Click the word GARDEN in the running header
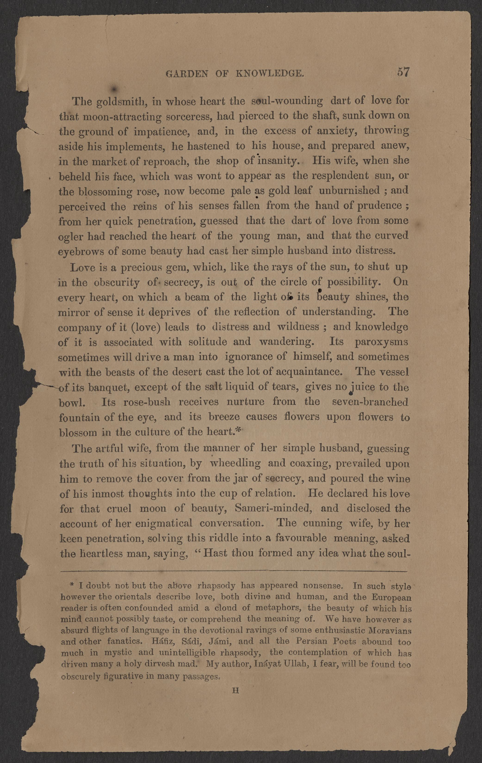tap(187, 74)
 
